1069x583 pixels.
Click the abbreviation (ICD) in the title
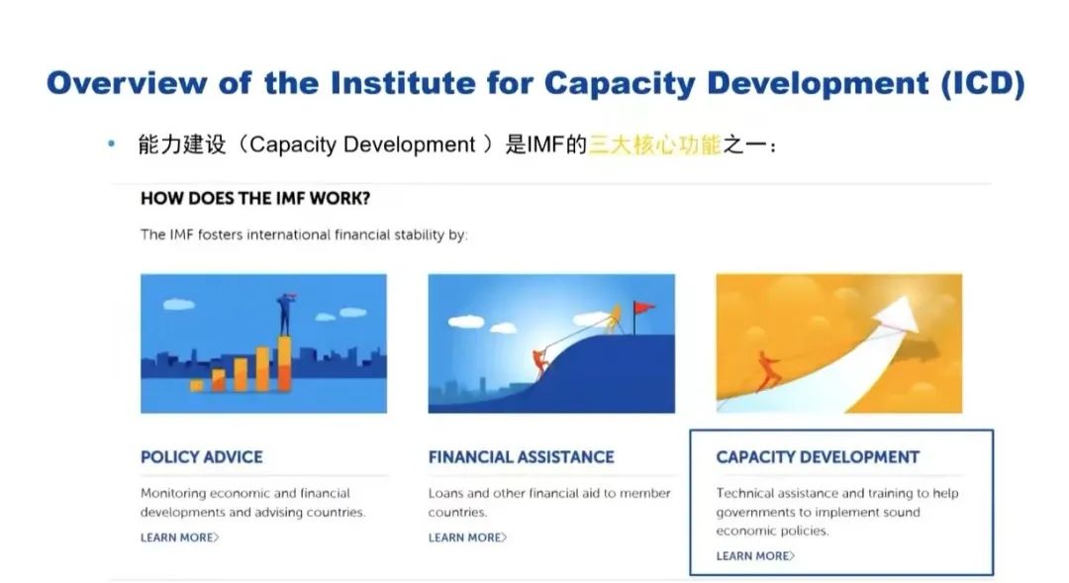983,83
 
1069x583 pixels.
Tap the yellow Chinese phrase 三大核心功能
654,145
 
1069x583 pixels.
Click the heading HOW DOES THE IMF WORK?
255,198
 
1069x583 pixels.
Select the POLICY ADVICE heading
201,457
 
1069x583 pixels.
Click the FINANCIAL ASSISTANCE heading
521,457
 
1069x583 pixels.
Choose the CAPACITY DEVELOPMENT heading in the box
818,457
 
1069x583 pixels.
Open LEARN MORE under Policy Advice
179,537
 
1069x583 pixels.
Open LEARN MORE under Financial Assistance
467,537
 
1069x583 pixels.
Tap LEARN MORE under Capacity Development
754,555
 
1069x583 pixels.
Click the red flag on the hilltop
643,308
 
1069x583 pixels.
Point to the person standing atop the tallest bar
285,314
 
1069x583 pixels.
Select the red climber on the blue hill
540,363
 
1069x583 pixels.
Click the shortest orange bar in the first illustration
196,385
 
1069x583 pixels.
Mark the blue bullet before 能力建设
111,144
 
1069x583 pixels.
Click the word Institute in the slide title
403,83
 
